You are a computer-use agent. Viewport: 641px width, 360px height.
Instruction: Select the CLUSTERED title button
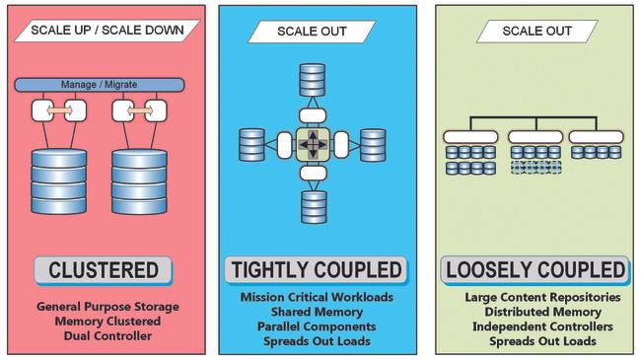pos(103,269)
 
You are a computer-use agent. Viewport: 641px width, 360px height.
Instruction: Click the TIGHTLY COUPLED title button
pos(315,269)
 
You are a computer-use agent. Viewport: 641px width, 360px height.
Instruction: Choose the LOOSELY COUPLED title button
pos(535,269)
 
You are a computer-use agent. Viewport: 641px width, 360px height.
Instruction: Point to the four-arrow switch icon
pos(313,145)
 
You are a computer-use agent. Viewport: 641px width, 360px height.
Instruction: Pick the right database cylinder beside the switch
pos(373,145)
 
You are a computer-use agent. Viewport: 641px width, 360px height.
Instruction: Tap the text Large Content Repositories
pos(542,297)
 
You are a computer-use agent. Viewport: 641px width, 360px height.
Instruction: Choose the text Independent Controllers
pos(542,326)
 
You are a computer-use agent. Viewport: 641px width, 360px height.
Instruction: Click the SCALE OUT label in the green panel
pos(536,31)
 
